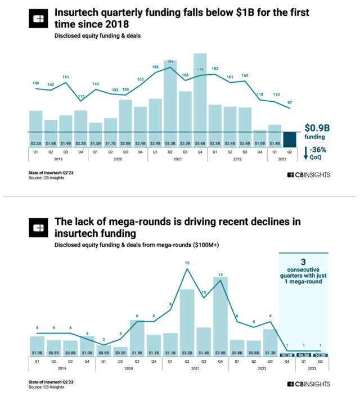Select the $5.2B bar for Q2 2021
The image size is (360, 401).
[x=170, y=101]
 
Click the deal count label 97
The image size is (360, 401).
[x=290, y=102]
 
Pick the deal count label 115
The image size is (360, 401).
[x=80, y=97]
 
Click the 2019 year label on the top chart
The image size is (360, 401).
[x=58, y=159]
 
